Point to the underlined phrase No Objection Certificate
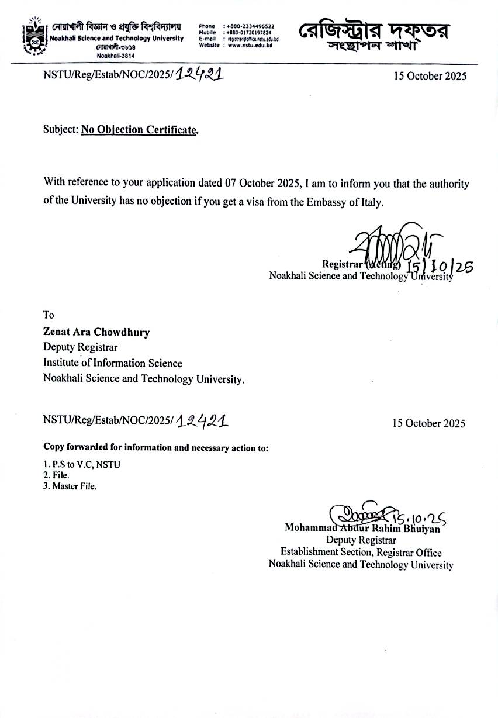139,130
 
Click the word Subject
60,130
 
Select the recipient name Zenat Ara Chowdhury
96,332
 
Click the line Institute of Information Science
113,363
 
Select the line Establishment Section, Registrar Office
361,553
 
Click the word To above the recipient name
49,315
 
